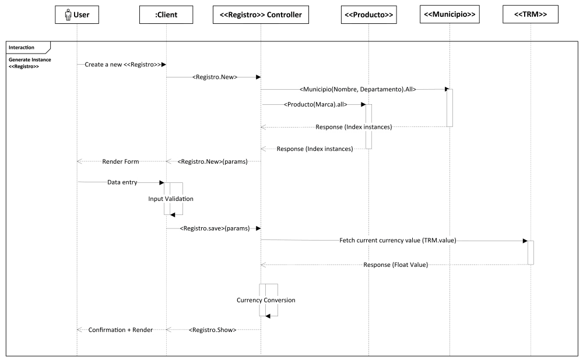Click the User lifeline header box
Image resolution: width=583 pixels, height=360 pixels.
(x=77, y=15)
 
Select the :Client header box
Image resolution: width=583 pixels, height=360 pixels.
(x=166, y=15)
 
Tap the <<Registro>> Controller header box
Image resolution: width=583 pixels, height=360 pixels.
(x=261, y=15)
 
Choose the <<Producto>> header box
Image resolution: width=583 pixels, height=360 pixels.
(x=368, y=15)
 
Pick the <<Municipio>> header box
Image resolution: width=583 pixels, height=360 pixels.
(x=449, y=14)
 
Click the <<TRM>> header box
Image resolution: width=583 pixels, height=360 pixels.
(x=531, y=15)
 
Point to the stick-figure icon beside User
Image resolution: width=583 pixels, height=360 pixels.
(x=68, y=15)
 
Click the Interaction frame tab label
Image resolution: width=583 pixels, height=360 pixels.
(x=22, y=47)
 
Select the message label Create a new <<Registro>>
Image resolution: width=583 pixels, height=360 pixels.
(x=122, y=64)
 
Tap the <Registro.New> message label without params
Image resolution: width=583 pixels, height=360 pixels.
(x=215, y=76)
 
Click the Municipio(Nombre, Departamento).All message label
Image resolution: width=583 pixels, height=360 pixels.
(x=357, y=89)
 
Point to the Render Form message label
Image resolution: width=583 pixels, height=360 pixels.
(x=121, y=161)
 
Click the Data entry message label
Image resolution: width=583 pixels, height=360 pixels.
(x=122, y=182)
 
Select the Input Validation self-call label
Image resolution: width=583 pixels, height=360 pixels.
(x=171, y=199)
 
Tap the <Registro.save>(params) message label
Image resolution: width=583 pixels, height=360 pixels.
(x=215, y=228)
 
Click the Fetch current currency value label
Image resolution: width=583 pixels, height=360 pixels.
(x=398, y=240)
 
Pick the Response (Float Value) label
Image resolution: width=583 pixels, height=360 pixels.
(x=396, y=265)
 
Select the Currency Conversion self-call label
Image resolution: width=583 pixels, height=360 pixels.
(x=266, y=300)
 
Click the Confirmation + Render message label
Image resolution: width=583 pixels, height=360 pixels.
(x=121, y=330)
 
